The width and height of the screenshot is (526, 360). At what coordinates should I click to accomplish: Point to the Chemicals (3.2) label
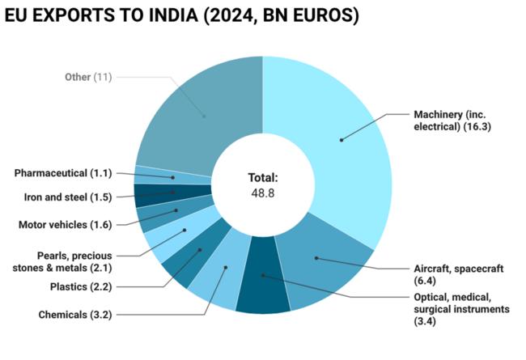(72, 314)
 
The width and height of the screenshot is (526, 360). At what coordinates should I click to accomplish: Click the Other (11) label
(88, 77)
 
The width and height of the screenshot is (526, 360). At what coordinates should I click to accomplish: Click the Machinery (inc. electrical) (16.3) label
(452, 121)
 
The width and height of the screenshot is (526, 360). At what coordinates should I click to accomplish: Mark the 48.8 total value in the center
(263, 193)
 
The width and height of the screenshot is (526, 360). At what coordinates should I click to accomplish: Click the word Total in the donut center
(263, 177)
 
